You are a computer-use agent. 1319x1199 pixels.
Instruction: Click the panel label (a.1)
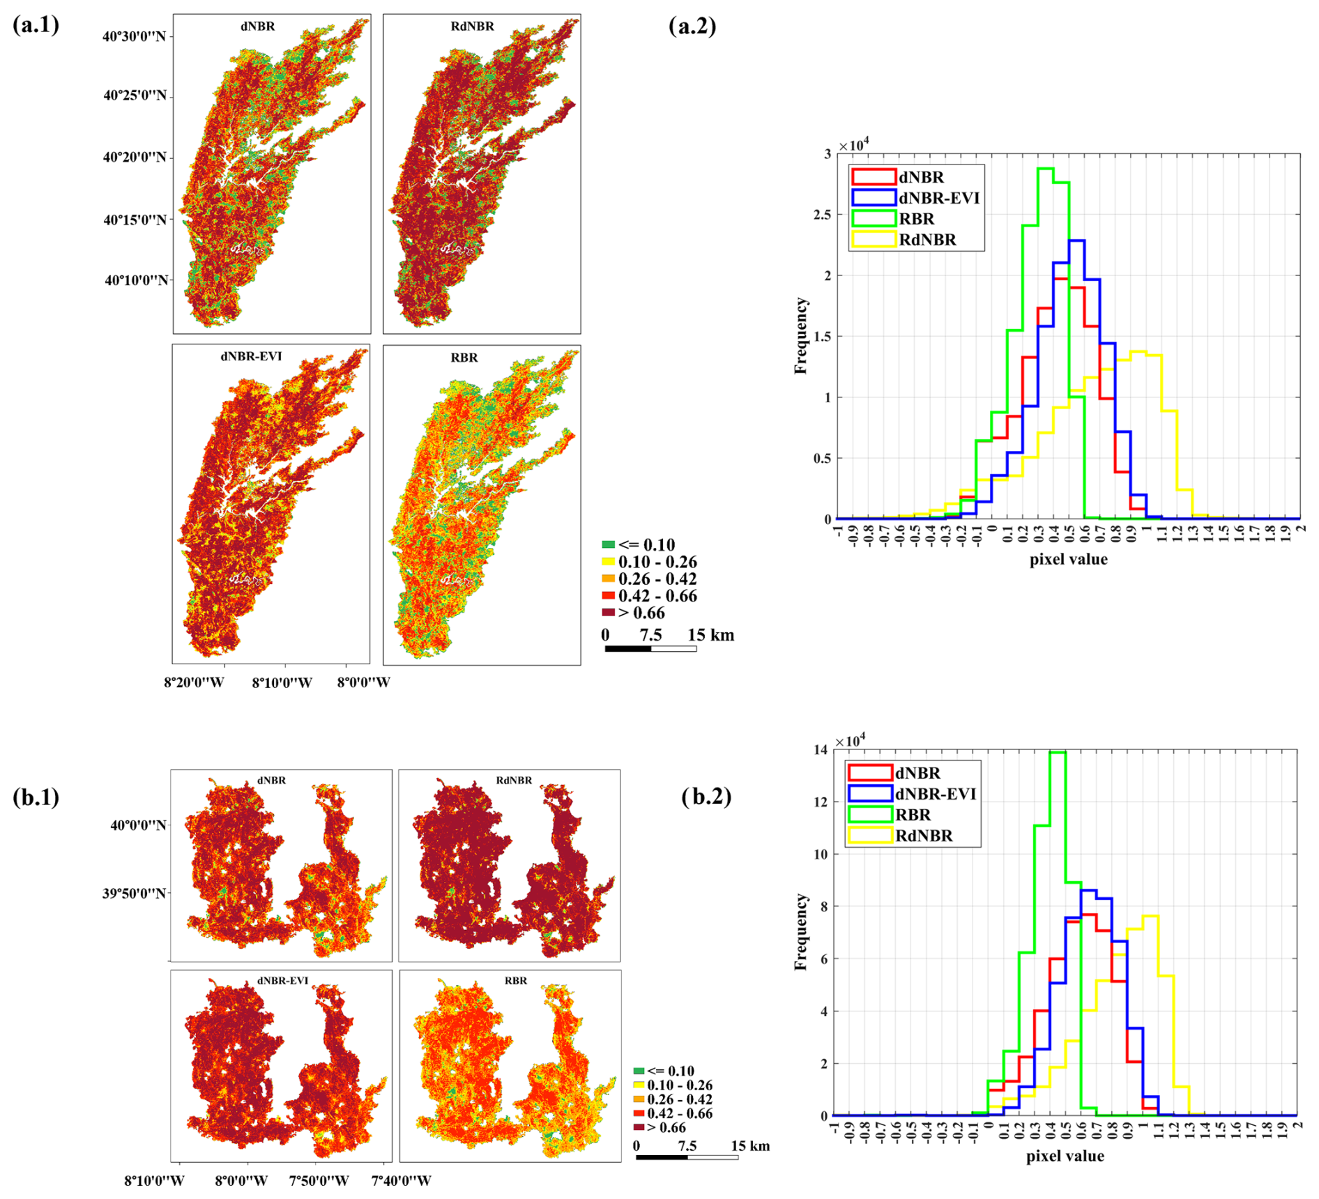click(36, 25)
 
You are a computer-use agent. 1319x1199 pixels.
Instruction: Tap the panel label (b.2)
click(706, 796)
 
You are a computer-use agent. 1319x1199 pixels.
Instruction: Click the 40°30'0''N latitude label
click(134, 36)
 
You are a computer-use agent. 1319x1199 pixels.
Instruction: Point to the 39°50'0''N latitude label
click(135, 893)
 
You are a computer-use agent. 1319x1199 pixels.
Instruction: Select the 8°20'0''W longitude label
click(194, 682)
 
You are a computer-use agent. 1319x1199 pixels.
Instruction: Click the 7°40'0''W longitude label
click(401, 1180)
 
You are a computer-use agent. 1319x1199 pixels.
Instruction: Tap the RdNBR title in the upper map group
click(472, 26)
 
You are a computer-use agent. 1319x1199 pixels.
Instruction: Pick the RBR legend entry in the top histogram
click(916, 219)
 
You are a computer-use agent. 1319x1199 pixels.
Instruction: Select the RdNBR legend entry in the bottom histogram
click(924, 835)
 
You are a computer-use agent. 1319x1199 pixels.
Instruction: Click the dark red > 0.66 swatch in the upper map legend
click(609, 613)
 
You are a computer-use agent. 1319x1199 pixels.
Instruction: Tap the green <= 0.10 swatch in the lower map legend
click(639, 1071)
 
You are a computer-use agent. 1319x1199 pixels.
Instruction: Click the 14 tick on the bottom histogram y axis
click(821, 749)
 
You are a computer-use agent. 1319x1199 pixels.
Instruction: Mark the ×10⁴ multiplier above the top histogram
click(853, 145)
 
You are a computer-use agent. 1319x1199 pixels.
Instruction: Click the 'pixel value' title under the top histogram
click(1068, 559)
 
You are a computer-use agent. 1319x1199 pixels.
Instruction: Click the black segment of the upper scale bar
click(627, 649)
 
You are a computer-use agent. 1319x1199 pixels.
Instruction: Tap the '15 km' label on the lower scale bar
click(750, 1146)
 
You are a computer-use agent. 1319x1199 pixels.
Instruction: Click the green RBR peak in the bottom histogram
click(1058, 752)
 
